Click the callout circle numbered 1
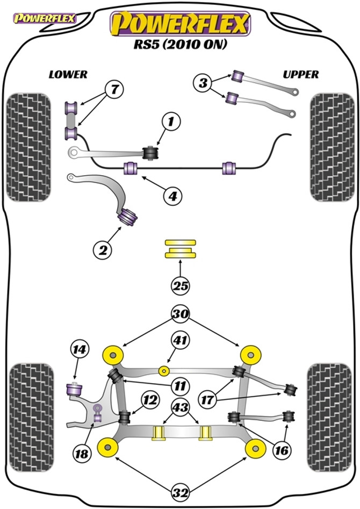(171, 123)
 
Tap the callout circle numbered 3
(203, 83)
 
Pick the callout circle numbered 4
(172, 197)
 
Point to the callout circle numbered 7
(114, 90)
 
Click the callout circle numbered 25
(181, 286)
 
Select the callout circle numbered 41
(181, 341)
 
